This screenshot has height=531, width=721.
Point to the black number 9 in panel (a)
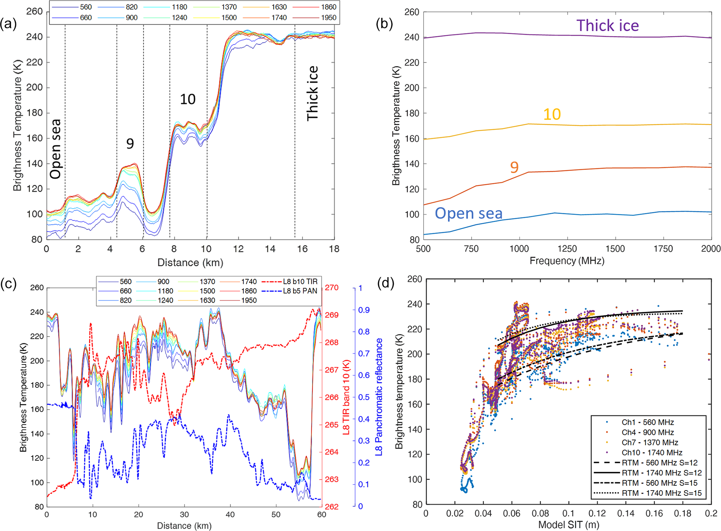tap(130, 143)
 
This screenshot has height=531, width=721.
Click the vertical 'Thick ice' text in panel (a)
tap(312, 94)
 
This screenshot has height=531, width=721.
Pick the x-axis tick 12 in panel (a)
tap(238, 249)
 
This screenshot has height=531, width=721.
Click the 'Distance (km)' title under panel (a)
tap(190, 263)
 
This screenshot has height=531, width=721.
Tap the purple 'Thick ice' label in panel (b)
tap(607, 25)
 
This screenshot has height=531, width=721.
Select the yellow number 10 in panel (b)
tap(552, 114)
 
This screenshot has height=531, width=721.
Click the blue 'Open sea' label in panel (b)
tap(468, 213)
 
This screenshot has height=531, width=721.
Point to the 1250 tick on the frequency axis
tap(567, 249)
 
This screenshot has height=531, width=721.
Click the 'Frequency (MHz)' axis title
tap(567, 261)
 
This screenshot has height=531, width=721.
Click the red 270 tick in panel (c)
tap(332, 288)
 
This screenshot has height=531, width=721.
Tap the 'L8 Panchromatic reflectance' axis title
tap(379, 397)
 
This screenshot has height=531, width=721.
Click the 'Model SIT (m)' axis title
tap(569, 525)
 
